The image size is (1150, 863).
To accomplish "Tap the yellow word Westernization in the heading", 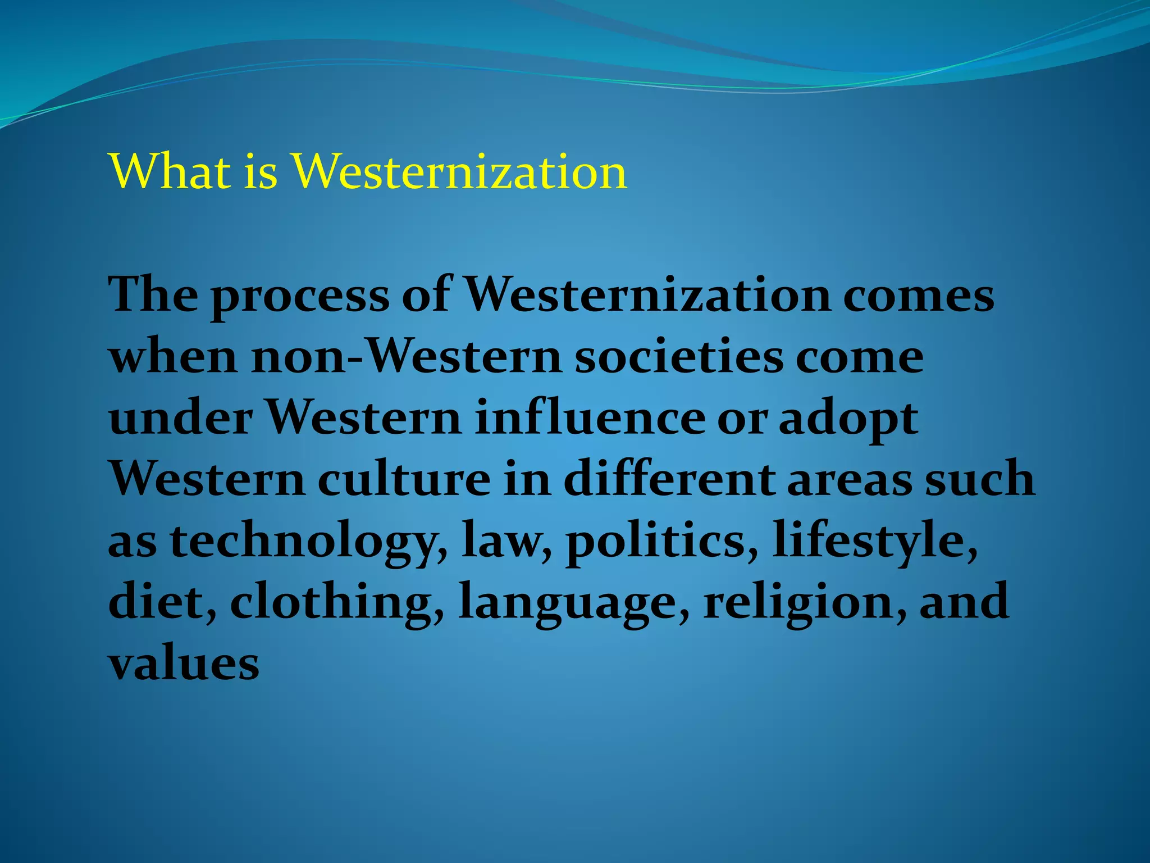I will point(459,171).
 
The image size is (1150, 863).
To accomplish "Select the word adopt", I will point(848,420).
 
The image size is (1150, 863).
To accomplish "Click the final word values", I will point(184,664).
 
